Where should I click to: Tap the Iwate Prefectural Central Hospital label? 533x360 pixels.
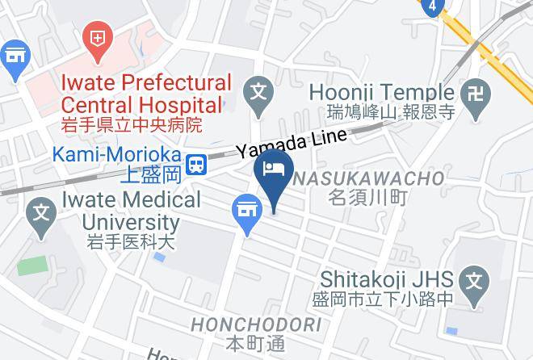click(x=146, y=94)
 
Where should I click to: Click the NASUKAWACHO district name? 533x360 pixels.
click(x=368, y=178)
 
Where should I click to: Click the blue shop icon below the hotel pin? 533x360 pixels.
click(x=247, y=211)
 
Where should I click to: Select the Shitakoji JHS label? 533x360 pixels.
click(x=384, y=278)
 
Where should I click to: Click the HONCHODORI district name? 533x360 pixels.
click(x=256, y=325)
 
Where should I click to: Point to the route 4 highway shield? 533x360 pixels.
click(x=433, y=6)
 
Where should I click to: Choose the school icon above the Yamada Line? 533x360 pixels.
click(x=259, y=88)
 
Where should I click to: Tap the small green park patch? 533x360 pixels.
click(x=31, y=266)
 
